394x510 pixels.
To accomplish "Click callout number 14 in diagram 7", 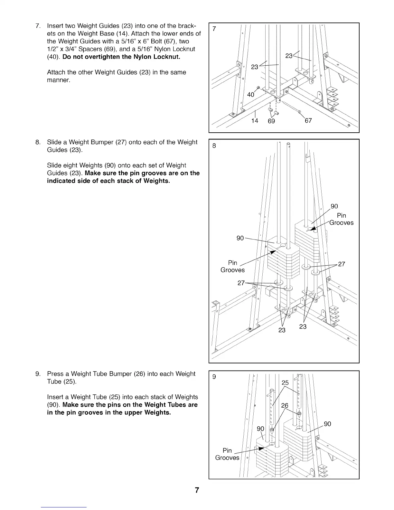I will click(x=255, y=121).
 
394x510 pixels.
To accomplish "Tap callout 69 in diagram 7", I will click(x=271, y=121).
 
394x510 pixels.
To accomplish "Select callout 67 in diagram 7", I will click(x=308, y=120).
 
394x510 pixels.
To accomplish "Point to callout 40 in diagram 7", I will click(x=250, y=94).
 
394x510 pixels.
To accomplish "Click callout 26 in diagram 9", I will click(x=285, y=405).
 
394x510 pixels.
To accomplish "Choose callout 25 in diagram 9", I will click(x=285, y=382).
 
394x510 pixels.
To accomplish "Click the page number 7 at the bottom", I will click(x=197, y=490).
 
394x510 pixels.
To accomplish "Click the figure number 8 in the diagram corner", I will click(x=214, y=146).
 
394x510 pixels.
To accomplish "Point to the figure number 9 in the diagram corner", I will click(x=214, y=377).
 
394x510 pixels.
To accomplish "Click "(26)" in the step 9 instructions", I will click(x=138, y=374).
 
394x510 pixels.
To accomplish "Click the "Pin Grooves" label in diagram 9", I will click(x=227, y=454).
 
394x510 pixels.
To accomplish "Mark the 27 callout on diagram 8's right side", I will click(x=342, y=264).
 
